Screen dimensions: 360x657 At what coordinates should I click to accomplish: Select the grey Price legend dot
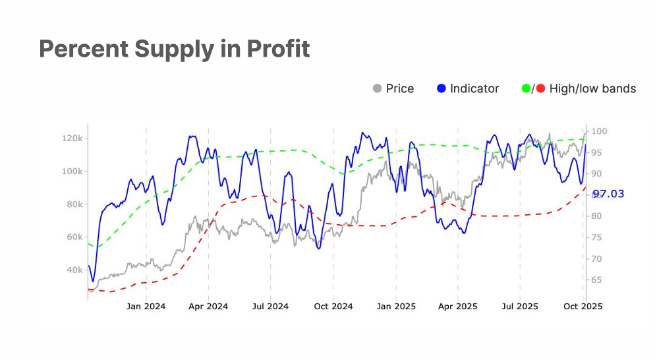(378, 88)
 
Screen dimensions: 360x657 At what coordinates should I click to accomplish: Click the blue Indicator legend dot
(442, 88)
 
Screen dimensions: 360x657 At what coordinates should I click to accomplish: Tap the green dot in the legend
(526, 88)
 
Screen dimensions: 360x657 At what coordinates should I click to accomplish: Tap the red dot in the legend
(540, 88)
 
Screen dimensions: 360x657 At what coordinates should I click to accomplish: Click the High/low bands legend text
(592, 88)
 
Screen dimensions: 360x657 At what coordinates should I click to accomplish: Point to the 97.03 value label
(608, 194)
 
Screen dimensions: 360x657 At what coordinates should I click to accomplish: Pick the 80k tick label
(73, 204)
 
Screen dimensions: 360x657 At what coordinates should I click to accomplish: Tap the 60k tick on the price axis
(73, 237)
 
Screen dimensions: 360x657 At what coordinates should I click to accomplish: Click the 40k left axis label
(73, 270)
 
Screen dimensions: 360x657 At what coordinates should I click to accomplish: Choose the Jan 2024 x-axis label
(146, 306)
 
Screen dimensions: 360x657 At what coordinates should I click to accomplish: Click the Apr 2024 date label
(208, 306)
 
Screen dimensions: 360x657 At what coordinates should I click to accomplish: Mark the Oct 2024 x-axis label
(333, 306)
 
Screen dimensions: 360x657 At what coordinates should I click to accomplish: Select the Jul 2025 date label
(520, 306)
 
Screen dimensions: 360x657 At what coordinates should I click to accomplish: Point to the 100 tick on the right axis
(598, 131)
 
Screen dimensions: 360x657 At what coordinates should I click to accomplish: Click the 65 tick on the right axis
(596, 280)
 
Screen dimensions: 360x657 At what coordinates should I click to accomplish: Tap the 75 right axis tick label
(596, 237)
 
